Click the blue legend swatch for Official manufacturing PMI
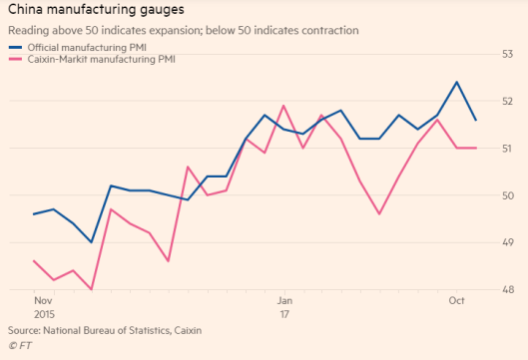[14, 47]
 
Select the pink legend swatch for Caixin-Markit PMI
[14, 61]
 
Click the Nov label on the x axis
[43, 300]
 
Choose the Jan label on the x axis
[283, 300]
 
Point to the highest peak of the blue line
[456, 82]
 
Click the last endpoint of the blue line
[475, 120]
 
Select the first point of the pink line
[35, 261]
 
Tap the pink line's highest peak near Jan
[283, 106]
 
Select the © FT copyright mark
[20, 345]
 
